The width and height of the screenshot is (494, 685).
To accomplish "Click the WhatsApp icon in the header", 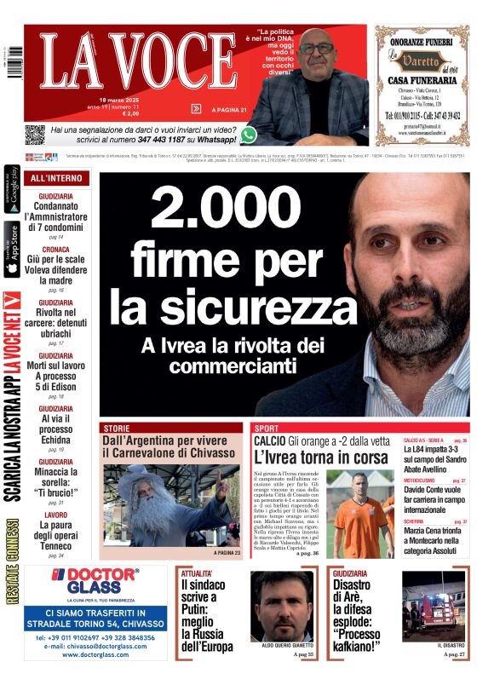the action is [249, 134].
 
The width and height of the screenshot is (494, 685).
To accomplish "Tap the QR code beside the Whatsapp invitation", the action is [34, 135].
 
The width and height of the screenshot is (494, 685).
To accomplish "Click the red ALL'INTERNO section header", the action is [56, 178].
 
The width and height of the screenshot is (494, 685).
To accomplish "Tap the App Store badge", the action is [12, 248].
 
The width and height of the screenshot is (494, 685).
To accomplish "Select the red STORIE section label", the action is [116, 427].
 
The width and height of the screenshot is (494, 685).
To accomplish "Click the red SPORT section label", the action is [267, 427].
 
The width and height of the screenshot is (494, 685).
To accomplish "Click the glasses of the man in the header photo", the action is [317, 49].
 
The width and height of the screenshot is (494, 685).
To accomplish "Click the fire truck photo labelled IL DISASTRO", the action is [434, 605].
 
